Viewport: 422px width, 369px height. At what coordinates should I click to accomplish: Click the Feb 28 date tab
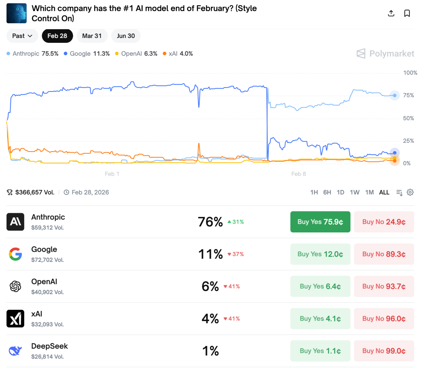(57, 36)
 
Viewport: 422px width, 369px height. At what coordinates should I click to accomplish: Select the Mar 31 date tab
(92, 36)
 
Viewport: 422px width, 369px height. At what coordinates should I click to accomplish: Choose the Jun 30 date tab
(126, 36)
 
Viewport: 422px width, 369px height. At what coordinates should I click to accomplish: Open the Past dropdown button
(22, 36)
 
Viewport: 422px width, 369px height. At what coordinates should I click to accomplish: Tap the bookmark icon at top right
(407, 13)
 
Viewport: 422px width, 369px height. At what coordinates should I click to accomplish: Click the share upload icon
(391, 13)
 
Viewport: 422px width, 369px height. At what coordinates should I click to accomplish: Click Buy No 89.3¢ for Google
(384, 254)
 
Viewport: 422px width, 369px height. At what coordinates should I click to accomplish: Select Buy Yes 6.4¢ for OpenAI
(320, 286)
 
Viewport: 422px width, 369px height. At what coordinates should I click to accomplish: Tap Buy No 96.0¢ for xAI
(384, 319)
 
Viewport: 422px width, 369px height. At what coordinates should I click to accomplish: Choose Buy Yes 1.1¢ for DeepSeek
(320, 351)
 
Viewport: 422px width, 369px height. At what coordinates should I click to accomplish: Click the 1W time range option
(354, 192)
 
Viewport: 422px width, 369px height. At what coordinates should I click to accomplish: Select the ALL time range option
(384, 192)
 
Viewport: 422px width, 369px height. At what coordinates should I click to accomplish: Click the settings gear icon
(410, 192)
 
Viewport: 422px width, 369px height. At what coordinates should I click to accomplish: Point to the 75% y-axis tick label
(408, 96)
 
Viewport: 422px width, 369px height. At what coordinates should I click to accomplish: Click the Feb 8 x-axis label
(298, 174)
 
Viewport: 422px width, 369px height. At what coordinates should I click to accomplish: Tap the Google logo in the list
(15, 254)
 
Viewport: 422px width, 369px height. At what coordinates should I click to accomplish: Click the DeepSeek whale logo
(15, 351)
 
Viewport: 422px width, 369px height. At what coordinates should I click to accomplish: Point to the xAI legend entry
(178, 54)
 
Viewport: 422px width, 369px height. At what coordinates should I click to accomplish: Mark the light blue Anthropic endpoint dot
(395, 96)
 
